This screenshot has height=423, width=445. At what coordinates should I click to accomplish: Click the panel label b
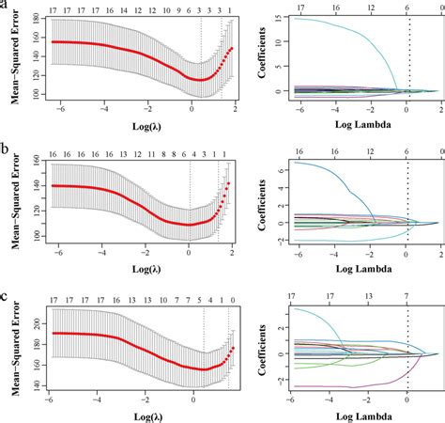[6, 148]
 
